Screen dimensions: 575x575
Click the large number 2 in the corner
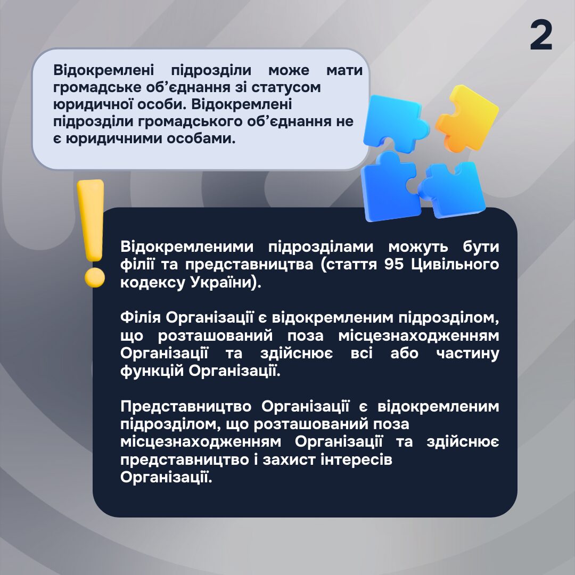pyautogui.click(x=541, y=35)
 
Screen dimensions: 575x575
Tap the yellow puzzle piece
pyautogui.click(x=466, y=119)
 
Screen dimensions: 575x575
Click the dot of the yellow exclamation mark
pyautogui.click(x=95, y=277)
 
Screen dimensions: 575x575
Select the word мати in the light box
pyautogui.click(x=344, y=70)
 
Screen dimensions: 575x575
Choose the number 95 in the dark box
pyautogui.click(x=394, y=264)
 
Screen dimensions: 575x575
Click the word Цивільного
pyautogui.click(x=455, y=265)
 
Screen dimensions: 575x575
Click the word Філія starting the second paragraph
pyautogui.click(x=141, y=317)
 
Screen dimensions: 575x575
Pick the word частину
pyautogui.click(x=468, y=354)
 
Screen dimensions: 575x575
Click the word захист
pyautogui.click(x=289, y=459)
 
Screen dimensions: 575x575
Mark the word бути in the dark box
pyautogui.click(x=481, y=247)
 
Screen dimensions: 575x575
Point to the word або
pyautogui.click(x=405, y=353)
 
